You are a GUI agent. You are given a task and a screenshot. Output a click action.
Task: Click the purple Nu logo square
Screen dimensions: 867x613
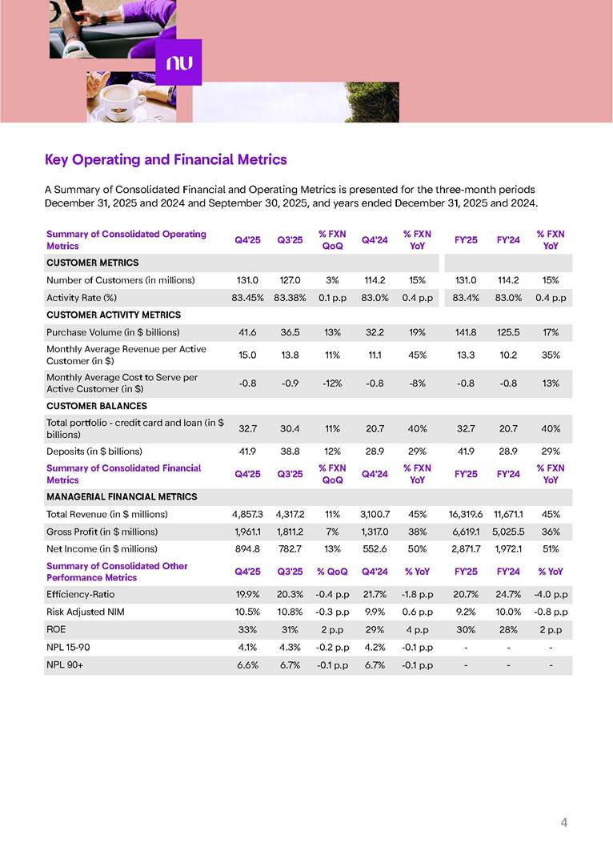[178, 62]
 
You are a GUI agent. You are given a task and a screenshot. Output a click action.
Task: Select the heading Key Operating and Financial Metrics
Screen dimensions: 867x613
[166, 160]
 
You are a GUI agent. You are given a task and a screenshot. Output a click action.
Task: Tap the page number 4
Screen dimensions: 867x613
[564, 822]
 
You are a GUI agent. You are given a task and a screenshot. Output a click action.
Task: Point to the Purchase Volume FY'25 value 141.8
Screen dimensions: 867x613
[466, 332]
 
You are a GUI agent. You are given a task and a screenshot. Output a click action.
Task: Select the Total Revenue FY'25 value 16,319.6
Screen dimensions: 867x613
[466, 514]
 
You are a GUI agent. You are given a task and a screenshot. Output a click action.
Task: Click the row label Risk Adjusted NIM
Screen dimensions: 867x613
[86, 612]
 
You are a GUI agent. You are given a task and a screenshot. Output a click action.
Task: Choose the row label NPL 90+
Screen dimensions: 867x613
[65, 665]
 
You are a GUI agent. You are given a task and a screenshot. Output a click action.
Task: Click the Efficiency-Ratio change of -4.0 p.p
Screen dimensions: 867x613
[551, 594]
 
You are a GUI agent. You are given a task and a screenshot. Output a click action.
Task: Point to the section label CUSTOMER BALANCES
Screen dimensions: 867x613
[97, 406]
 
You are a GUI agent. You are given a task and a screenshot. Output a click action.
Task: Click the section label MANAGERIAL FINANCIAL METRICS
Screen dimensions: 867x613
[116, 496]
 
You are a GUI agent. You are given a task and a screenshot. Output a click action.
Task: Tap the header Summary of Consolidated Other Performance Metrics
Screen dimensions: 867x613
[117, 572]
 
